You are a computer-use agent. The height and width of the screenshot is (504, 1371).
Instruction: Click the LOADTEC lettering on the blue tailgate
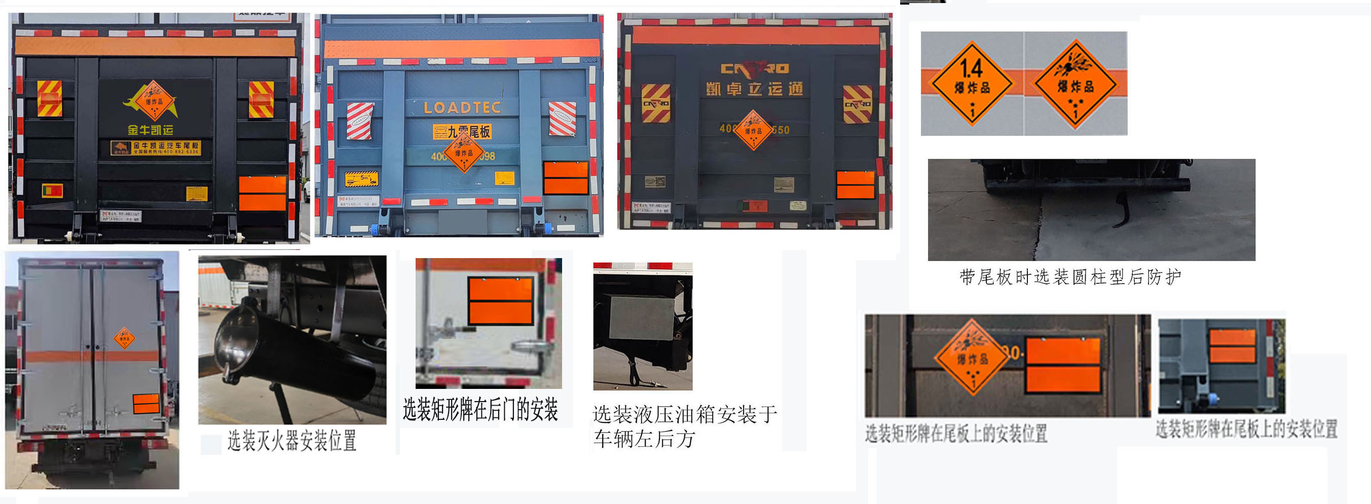(x=462, y=108)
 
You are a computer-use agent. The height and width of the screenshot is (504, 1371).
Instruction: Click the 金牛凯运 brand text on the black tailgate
(x=150, y=129)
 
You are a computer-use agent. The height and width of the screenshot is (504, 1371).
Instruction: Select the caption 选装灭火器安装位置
(x=291, y=441)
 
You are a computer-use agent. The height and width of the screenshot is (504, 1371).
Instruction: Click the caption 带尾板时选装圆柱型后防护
(x=1070, y=277)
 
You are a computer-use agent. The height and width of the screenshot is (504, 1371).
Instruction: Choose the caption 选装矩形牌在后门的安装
(x=480, y=409)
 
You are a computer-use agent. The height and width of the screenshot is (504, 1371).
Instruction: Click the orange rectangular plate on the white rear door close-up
(x=500, y=301)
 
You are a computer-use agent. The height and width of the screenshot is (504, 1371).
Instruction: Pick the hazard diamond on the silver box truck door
(x=125, y=338)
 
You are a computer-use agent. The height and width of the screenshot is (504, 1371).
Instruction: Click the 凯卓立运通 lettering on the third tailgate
(x=754, y=89)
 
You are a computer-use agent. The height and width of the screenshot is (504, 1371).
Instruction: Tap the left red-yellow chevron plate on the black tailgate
(x=50, y=98)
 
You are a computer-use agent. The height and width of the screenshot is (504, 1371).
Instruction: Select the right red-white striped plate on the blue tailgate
(x=562, y=118)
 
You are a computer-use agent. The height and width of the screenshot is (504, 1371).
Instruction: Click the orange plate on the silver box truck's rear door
(x=146, y=404)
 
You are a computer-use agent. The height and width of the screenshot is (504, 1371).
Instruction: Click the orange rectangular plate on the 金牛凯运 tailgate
(x=263, y=193)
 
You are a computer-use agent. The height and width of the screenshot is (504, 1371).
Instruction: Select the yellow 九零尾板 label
(x=461, y=131)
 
